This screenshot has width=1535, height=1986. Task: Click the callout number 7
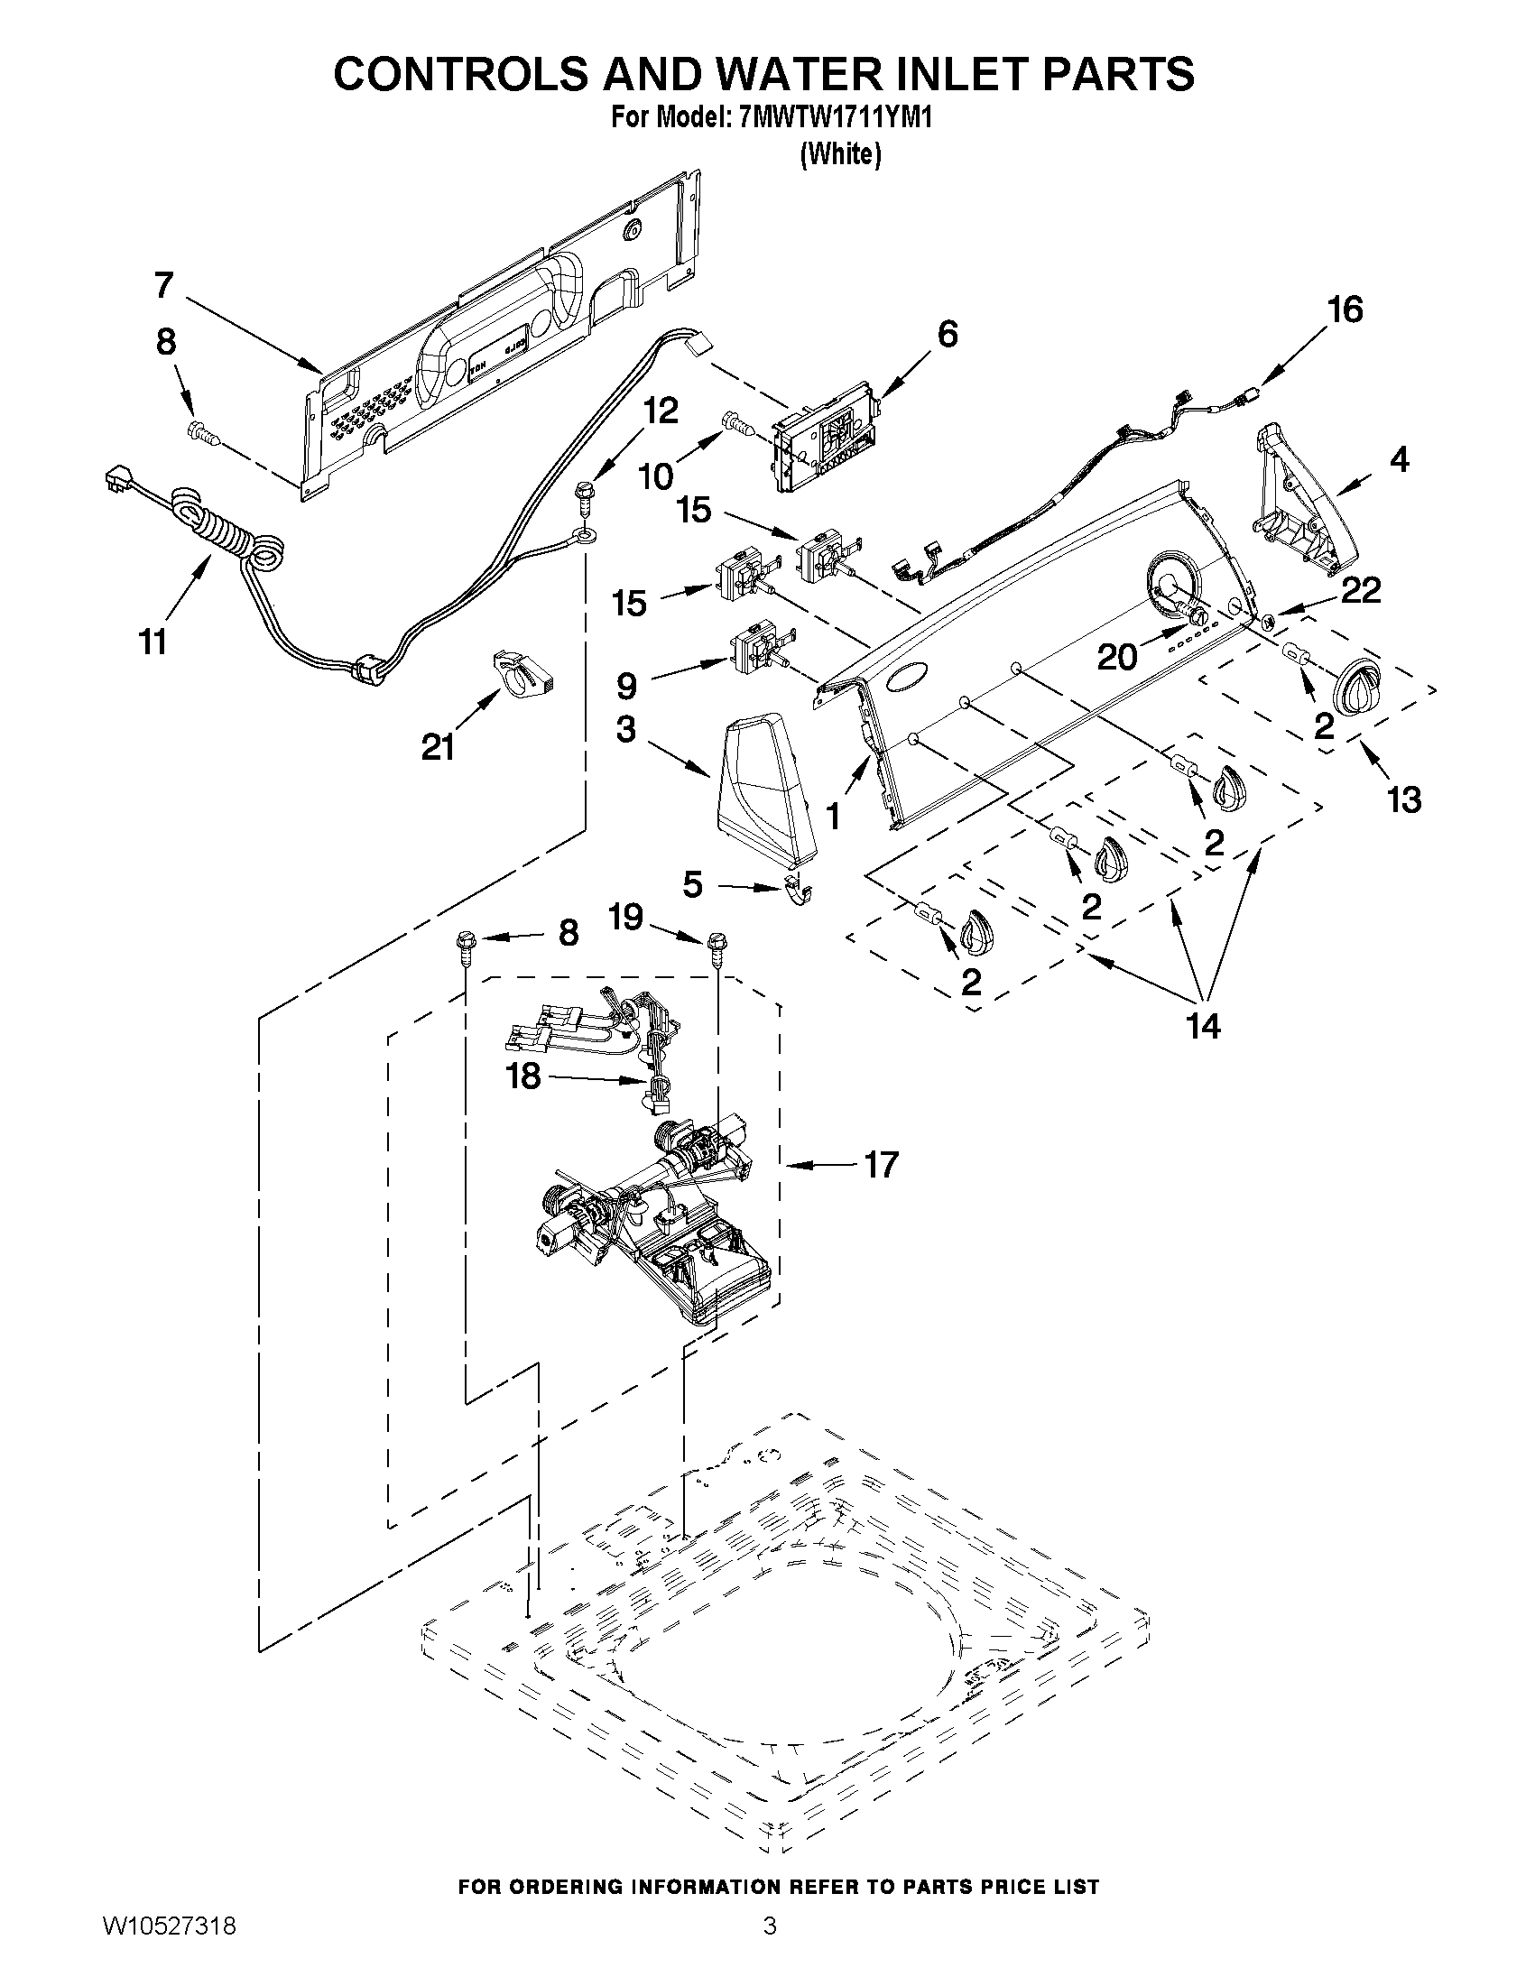click(163, 285)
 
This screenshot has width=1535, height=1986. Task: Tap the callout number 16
click(1345, 310)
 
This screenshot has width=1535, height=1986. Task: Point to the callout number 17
click(881, 1164)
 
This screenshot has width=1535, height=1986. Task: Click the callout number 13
click(1403, 799)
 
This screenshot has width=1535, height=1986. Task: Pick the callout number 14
click(1202, 1027)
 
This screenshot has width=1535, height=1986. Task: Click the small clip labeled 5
click(798, 891)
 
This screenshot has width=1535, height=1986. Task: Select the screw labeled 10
click(733, 422)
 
